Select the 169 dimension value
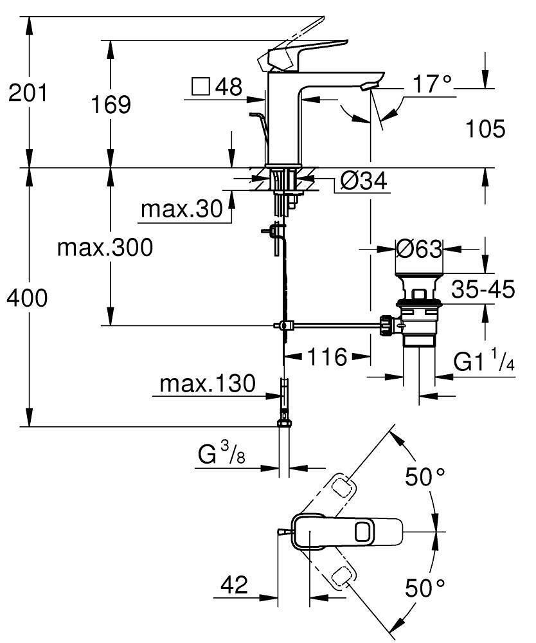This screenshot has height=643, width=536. pyautogui.click(x=111, y=104)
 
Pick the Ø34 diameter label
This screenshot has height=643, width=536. pyautogui.click(x=363, y=183)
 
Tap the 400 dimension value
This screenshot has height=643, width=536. pyautogui.click(x=28, y=298)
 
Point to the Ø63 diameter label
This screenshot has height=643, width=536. pyautogui.click(x=418, y=248)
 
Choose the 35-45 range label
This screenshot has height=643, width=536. pyautogui.click(x=483, y=289)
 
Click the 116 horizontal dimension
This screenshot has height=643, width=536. pyautogui.click(x=326, y=356)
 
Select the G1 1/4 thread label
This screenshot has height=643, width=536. pyautogui.click(x=484, y=363)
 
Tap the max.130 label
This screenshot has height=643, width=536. pyautogui.click(x=208, y=384)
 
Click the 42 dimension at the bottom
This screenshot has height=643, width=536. pyautogui.click(x=233, y=584)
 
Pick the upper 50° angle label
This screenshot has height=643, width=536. pyautogui.click(x=424, y=476)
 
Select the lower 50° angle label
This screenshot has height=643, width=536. pyautogui.click(x=424, y=587)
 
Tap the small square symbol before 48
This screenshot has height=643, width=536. pyautogui.click(x=201, y=86)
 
